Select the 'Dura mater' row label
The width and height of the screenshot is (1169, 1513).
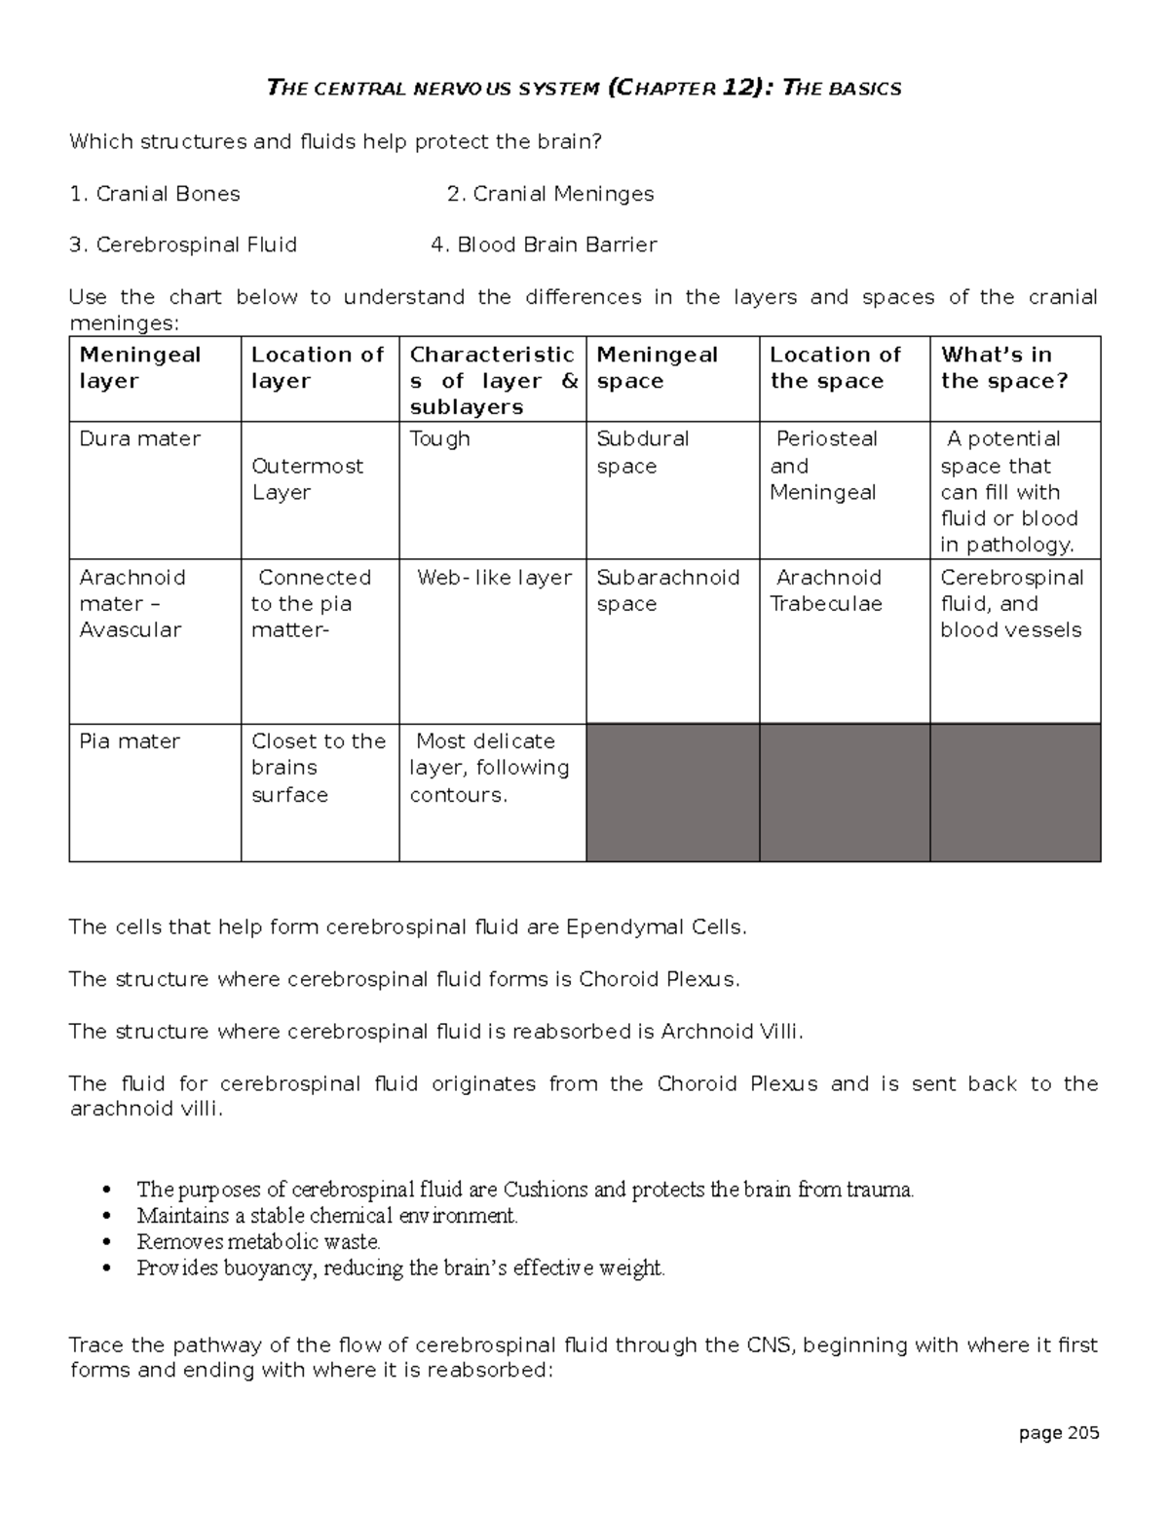coord(139,439)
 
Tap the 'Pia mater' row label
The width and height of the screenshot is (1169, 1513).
coord(130,741)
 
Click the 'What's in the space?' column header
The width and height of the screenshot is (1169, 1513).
coord(1003,368)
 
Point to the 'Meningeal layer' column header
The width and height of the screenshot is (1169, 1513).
coord(140,368)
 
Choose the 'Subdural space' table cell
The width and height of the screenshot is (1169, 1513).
coord(642,452)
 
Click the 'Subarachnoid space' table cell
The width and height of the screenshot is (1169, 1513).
coord(667,590)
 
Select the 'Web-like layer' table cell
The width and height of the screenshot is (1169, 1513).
coord(494,578)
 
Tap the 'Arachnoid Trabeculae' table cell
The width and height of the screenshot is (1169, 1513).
coord(827,590)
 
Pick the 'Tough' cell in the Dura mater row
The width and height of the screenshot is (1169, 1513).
coord(439,439)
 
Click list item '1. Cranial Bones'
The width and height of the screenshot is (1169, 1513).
coord(155,194)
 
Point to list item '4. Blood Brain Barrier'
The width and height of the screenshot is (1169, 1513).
coord(544,245)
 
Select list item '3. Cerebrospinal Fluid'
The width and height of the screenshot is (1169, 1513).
coord(183,245)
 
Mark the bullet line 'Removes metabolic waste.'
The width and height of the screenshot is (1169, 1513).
coord(258,1241)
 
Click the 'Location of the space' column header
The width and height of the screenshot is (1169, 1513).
coord(835,368)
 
